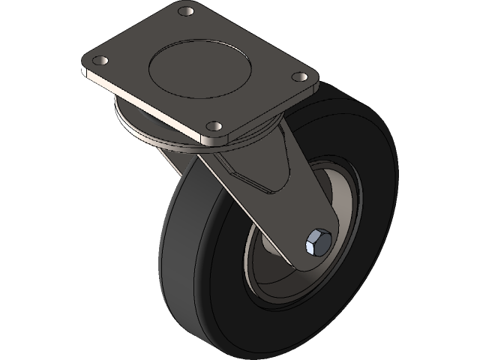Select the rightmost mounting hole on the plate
pyautogui.click(x=298, y=76)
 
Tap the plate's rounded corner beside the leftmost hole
pyautogui.click(x=84, y=63)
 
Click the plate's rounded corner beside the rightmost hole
pyautogui.click(x=315, y=78)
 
